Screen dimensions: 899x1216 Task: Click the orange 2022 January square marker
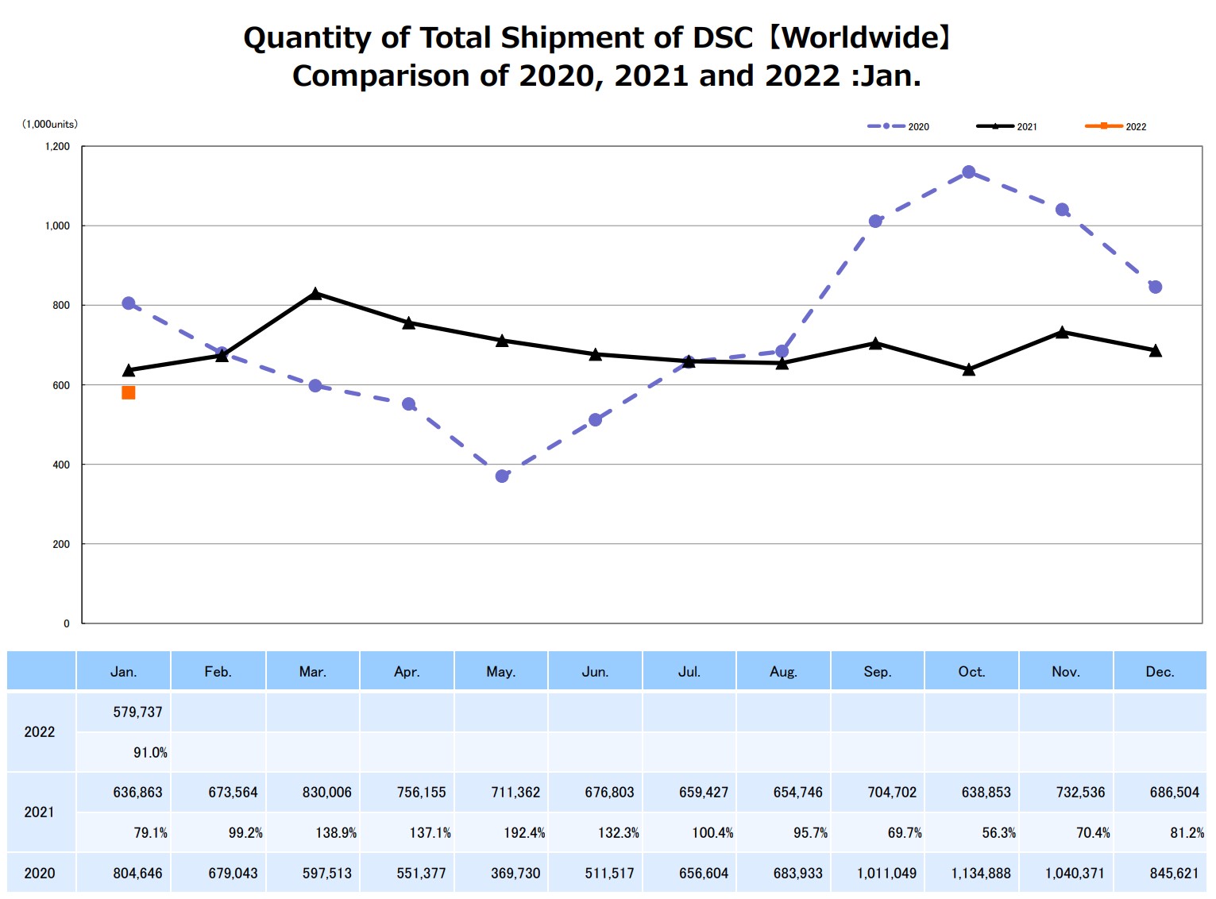point(129,392)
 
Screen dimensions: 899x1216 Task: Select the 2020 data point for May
point(502,476)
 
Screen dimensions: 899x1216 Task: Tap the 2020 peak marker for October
point(969,172)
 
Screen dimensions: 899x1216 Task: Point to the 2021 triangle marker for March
point(315,294)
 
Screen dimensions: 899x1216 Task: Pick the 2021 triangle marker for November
point(1062,332)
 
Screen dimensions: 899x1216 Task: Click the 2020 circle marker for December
point(1156,287)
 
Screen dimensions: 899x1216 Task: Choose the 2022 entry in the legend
point(1116,126)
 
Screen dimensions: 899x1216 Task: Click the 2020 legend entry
point(898,126)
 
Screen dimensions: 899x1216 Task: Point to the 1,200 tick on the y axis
point(57,146)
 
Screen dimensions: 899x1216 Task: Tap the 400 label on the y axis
point(61,465)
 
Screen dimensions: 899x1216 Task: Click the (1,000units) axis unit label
point(49,124)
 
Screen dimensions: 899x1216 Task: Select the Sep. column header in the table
point(878,672)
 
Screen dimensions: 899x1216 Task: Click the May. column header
point(501,672)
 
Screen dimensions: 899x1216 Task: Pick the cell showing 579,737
point(137,712)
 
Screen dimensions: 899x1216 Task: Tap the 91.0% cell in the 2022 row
point(150,753)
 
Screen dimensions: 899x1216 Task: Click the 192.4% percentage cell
point(524,833)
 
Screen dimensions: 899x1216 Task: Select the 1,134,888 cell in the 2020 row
point(981,874)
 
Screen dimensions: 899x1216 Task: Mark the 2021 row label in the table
point(40,812)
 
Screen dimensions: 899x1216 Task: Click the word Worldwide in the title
point(862,37)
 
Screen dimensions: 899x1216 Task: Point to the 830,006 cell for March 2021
point(326,793)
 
